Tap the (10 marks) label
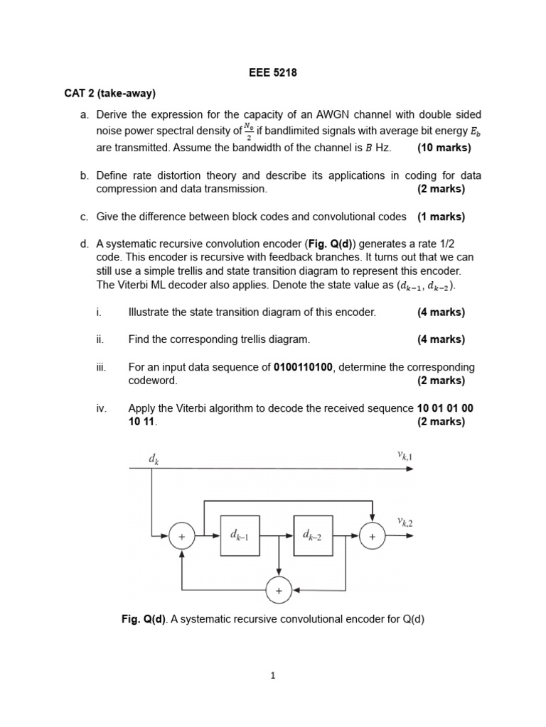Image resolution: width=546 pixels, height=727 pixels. (x=444, y=148)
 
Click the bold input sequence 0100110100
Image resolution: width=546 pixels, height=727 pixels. (x=303, y=367)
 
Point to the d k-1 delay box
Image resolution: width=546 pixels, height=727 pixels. (x=240, y=537)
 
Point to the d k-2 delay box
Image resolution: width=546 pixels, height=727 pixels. (x=313, y=537)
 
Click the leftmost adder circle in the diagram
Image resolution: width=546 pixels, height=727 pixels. (x=182, y=537)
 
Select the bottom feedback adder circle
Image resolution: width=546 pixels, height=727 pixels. (x=279, y=590)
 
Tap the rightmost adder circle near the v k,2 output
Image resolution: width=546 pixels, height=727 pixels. (x=372, y=537)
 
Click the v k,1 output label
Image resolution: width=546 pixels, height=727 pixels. (x=405, y=456)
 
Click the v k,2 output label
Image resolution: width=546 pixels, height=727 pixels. (x=405, y=523)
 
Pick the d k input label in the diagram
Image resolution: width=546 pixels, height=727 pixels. (x=154, y=459)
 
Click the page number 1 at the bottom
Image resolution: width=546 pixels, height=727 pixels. (x=272, y=676)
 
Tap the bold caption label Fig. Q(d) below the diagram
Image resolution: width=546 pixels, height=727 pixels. (x=144, y=619)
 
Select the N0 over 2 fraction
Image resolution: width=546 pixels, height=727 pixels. (x=248, y=131)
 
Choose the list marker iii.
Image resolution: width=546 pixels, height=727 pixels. (x=101, y=367)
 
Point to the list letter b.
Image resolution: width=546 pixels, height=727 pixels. (x=84, y=175)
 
